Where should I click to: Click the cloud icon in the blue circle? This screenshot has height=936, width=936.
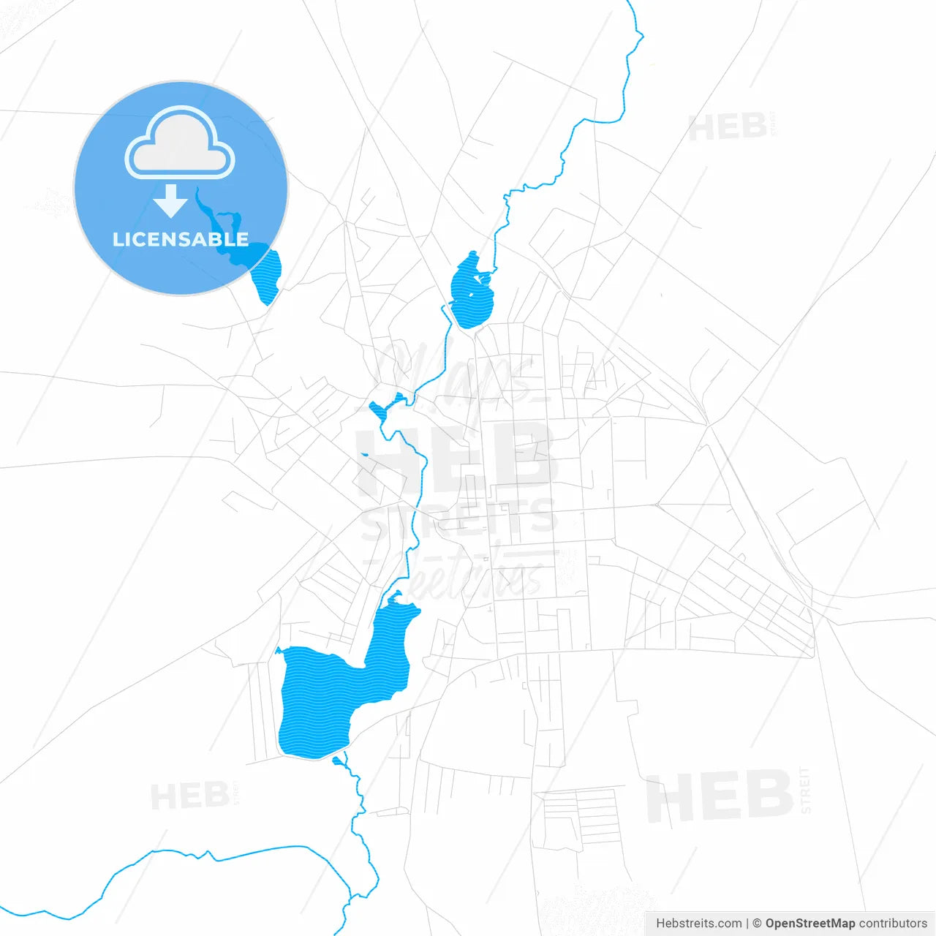click(x=180, y=143)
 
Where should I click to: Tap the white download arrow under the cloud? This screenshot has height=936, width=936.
click(x=171, y=201)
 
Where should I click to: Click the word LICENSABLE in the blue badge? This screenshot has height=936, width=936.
click(x=180, y=239)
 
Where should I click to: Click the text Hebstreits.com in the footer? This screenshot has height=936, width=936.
click(x=698, y=924)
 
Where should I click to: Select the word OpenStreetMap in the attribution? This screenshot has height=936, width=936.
click(x=810, y=924)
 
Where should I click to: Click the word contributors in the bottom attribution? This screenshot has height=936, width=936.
click(x=893, y=924)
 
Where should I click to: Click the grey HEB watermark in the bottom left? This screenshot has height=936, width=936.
click(x=189, y=796)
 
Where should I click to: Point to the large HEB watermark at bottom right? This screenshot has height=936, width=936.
click(x=720, y=796)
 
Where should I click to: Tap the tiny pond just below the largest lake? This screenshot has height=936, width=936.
click(x=337, y=761)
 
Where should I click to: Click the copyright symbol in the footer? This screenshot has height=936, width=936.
click(x=757, y=924)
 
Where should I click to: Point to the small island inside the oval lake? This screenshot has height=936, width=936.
click(x=481, y=278)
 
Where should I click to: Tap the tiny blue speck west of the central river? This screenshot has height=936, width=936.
click(x=364, y=455)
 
